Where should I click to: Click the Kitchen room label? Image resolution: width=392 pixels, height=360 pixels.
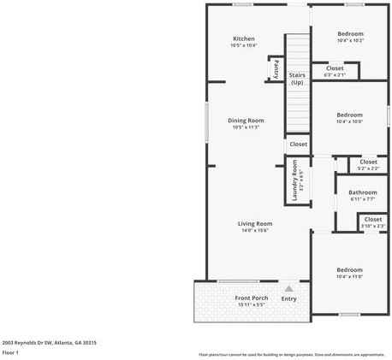click(244, 39)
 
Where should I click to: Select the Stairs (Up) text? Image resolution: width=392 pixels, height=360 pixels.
click(297, 79)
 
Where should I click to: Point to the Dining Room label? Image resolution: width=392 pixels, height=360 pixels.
click(246, 121)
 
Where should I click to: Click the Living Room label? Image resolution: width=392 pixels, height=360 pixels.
click(254, 223)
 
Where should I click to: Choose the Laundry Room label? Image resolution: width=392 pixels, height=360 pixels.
click(295, 178)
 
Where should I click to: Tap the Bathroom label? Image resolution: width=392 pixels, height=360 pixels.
click(362, 192)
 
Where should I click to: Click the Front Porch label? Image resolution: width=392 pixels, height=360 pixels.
click(252, 298)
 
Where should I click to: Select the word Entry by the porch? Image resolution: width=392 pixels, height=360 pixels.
click(289, 298)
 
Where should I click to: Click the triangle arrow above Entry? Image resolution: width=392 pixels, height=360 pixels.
click(289, 289)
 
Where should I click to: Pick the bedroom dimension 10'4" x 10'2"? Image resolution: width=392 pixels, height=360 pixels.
click(350, 41)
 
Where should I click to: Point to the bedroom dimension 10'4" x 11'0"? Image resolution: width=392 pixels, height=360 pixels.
click(350, 277)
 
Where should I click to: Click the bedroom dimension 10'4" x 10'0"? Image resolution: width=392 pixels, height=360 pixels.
click(349, 121)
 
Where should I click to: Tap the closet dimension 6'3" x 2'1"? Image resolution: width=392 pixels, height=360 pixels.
click(335, 75)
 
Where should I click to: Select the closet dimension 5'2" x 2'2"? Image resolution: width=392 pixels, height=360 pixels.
click(368, 168)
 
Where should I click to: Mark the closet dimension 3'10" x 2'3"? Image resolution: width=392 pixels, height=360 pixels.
click(373, 226)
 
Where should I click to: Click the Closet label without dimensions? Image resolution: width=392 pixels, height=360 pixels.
click(298, 145)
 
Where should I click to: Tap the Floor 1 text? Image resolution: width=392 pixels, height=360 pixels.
click(11, 352)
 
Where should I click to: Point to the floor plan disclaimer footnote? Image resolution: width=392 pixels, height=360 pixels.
click(292, 353)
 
